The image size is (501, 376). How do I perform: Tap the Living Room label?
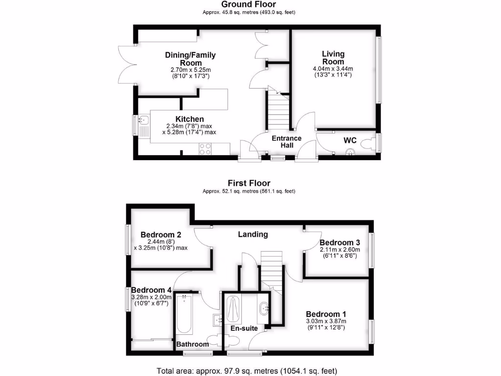[333, 58]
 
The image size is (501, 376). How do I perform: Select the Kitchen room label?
[190, 119]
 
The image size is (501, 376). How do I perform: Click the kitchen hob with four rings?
[205, 149]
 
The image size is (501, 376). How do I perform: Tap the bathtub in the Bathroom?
[185, 313]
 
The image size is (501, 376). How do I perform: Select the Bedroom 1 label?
[326, 314]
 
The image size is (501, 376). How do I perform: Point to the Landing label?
[252, 235]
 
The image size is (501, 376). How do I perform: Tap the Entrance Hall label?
[287, 141]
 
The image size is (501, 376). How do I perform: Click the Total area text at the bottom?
[247, 370]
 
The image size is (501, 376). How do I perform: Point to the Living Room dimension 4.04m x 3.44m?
[333, 69]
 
